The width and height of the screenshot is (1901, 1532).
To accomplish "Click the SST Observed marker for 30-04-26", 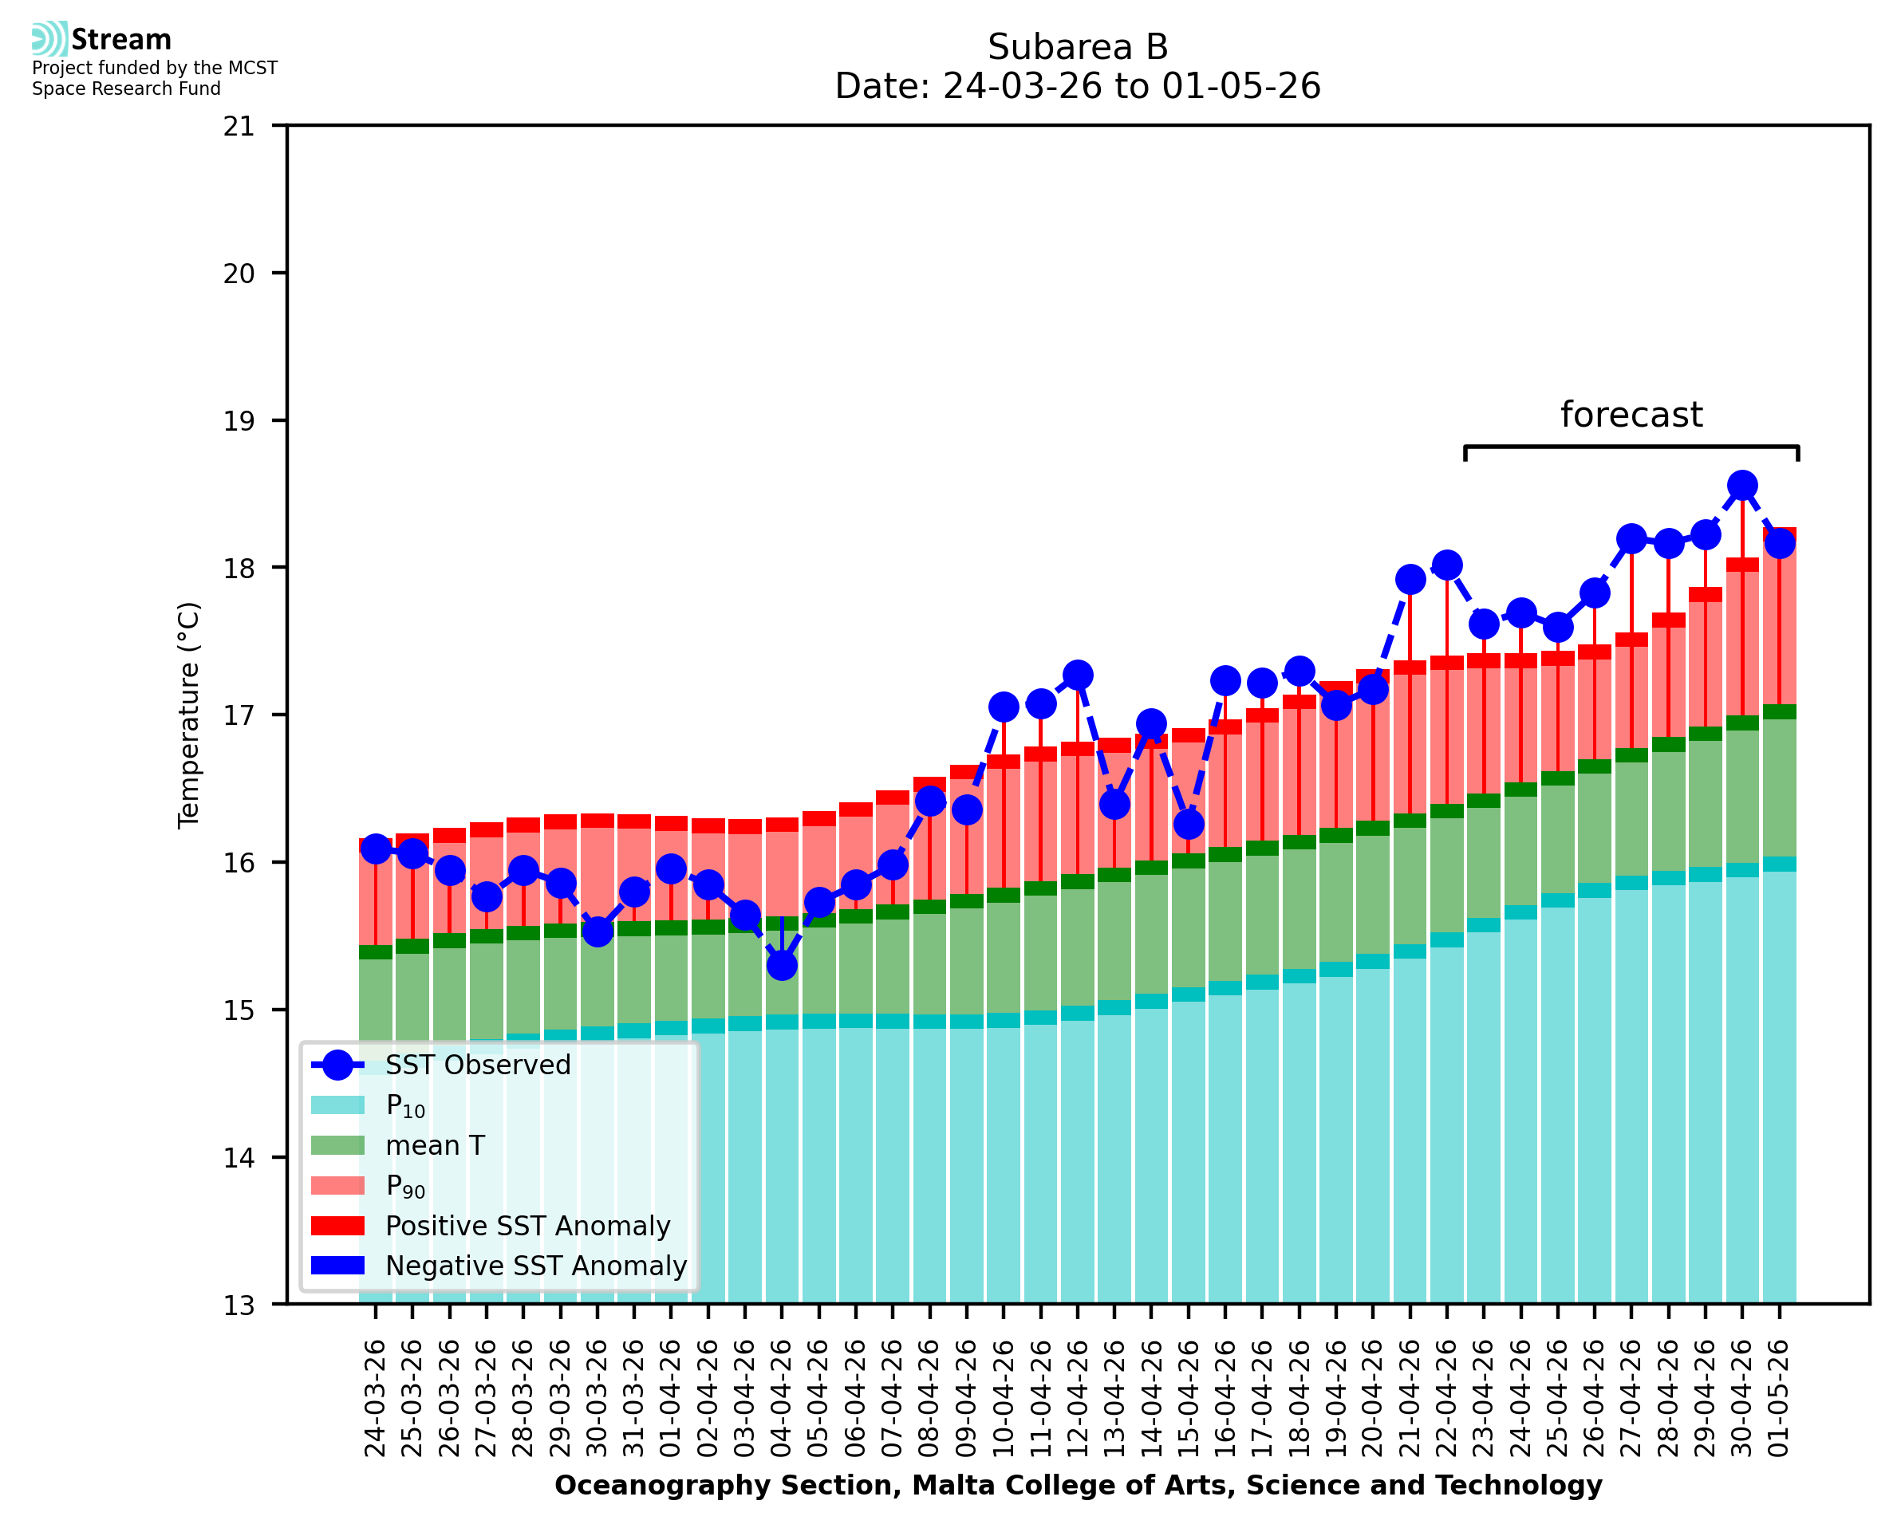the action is point(1741,486).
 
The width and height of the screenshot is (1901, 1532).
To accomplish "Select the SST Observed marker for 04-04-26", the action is point(782,966).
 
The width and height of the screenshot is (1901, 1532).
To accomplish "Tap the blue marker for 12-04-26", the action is point(1077,675).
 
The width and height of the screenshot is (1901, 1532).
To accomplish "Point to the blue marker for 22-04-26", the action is point(1446,565).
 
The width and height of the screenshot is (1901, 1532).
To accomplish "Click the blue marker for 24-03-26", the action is point(376,849).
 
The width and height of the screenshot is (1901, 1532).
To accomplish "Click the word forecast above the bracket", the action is point(1631,414).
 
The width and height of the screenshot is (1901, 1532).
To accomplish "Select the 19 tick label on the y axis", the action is point(239,421).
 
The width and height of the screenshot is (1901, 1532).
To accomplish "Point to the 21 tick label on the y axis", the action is point(239,126).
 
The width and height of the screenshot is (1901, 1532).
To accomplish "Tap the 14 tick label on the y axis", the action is point(239,1157).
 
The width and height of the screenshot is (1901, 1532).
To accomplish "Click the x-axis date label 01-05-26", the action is point(1778,1398).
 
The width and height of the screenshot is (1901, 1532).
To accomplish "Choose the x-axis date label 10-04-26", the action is point(1003,1398).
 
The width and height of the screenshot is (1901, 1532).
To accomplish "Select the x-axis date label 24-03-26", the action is point(375,1398).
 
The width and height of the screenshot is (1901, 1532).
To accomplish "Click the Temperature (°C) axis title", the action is point(189,715).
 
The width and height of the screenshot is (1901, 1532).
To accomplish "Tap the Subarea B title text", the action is point(1078,47).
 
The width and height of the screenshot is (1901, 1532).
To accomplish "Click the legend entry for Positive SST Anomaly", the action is point(491,1226).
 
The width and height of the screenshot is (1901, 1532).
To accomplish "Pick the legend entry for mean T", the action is point(398,1145).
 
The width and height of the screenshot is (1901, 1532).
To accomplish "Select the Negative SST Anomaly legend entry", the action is point(499,1266).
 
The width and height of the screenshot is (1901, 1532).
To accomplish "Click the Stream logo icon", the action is point(49,39).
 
